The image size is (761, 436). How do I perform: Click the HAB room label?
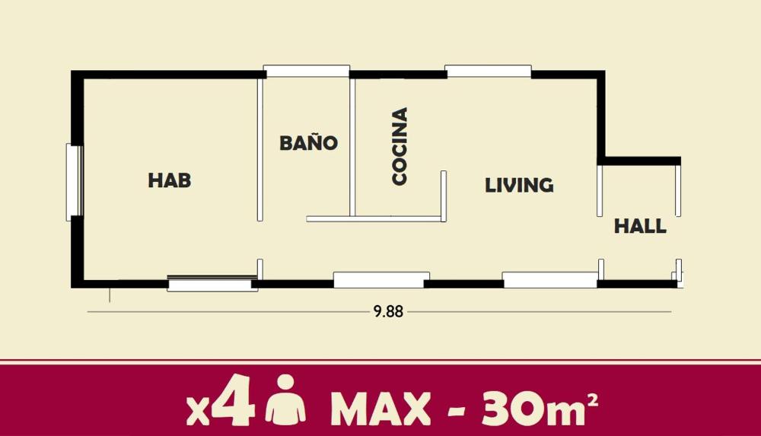(x=170, y=180)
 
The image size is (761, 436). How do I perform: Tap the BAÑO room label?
(x=309, y=143)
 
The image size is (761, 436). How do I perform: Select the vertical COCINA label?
(x=400, y=146)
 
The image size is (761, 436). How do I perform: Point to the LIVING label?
(x=519, y=185)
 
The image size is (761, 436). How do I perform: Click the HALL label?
(x=640, y=226)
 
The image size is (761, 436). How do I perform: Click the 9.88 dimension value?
(x=388, y=311)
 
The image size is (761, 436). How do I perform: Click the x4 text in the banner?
(x=221, y=401)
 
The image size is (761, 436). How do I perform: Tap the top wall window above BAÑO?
(x=307, y=71)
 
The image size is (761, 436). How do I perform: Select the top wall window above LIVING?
(x=489, y=71)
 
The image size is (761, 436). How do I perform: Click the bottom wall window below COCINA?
(x=381, y=280)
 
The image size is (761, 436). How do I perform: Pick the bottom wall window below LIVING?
(x=550, y=280)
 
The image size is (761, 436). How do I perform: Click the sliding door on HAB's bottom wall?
(x=212, y=283)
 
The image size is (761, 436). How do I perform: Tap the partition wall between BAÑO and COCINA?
(x=352, y=147)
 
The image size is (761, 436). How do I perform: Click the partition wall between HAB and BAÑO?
(x=260, y=149)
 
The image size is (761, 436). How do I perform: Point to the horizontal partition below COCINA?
(x=376, y=219)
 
